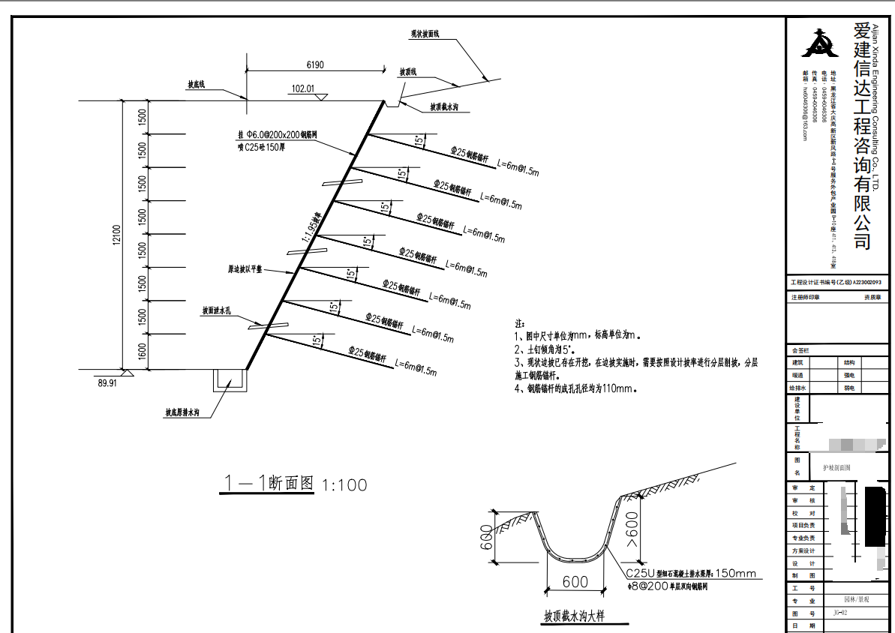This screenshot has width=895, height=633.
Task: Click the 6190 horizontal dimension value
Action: pos(314,65)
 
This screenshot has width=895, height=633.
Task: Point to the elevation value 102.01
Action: pos(302,88)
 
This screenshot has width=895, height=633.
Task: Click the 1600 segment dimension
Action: pos(143,351)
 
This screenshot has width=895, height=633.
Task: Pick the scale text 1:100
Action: pos(344,485)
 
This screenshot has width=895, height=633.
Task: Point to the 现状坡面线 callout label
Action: pos(425,34)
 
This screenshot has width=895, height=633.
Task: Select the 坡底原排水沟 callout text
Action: pos(183,412)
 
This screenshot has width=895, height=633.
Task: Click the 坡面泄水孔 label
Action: pos(221,310)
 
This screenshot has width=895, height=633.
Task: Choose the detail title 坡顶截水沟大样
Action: pos(574,616)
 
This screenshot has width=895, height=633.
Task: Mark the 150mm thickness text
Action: pos(736,574)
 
